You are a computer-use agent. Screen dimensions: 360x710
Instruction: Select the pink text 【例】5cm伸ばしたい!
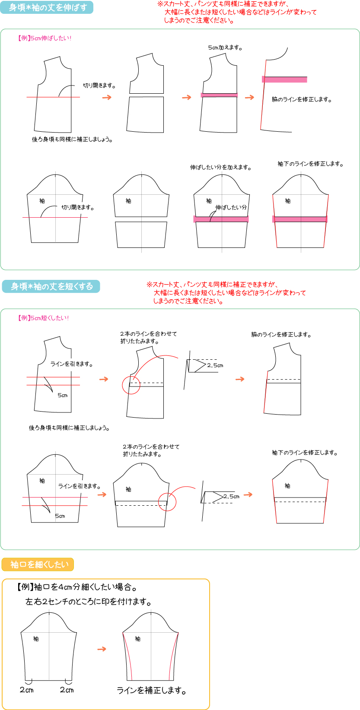[45, 38]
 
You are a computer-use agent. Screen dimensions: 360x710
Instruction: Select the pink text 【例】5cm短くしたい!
[44, 318]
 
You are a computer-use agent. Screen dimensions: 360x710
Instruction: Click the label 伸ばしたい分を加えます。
[221, 167]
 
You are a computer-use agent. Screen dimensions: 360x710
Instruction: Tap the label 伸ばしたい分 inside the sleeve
[231, 207]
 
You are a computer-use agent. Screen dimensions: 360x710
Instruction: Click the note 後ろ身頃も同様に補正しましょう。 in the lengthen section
[72, 139]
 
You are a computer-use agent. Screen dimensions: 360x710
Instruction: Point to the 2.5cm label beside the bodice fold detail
[215, 365]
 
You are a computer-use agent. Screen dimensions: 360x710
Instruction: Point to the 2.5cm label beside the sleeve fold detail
[231, 496]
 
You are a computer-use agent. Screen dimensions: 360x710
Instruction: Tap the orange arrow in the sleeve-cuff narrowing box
[102, 649]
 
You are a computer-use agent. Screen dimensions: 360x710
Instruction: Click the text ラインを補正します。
[152, 690]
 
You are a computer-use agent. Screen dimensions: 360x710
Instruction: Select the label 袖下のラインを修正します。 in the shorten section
[305, 453]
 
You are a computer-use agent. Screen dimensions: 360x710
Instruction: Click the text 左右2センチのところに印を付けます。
[88, 601]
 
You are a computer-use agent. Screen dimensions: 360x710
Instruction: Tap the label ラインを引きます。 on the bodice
[72, 364]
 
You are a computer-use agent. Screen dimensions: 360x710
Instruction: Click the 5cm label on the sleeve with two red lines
[60, 516]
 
